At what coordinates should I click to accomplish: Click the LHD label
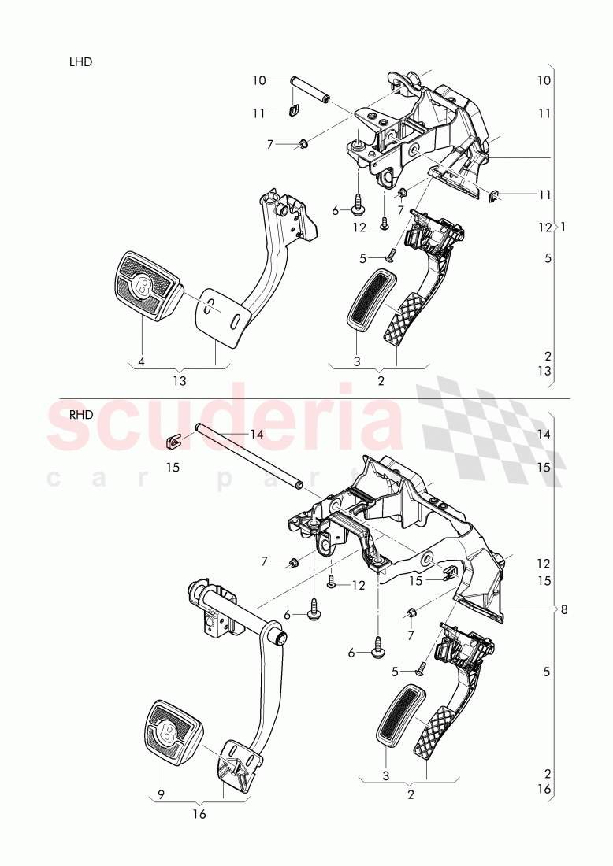click(x=81, y=61)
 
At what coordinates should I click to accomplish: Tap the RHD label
click(x=81, y=418)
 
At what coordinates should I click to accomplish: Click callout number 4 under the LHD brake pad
click(x=142, y=361)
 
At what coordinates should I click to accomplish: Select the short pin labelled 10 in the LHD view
click(x=311, y=89)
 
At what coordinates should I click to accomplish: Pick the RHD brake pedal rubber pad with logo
click(x=172, y=732)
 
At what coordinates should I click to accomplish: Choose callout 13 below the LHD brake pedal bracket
click(x=180, y=381)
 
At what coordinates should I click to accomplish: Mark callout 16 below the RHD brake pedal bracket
click(x=199, y=814)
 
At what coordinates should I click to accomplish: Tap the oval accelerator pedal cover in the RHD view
click(x=402, y=714)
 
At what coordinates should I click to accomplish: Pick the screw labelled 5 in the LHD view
click(x=389, y=255)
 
